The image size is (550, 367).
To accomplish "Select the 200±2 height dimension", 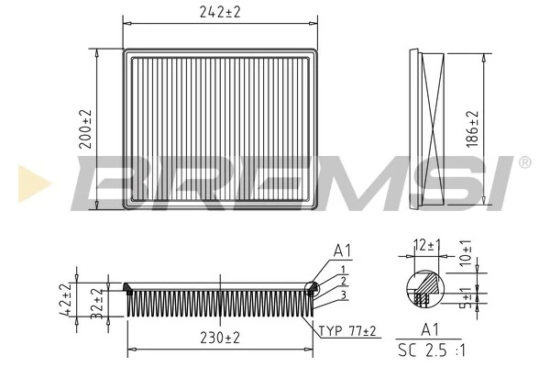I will [85, 129].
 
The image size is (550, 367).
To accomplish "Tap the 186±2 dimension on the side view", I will [473, 128].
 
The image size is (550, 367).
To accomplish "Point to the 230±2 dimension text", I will [219, 338].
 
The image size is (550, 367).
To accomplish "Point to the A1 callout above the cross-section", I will [342, 250].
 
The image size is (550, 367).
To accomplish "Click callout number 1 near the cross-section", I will [342, 269].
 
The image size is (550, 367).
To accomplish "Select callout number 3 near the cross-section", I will [342, 294].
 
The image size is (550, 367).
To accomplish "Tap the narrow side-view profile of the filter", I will [430, 128].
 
